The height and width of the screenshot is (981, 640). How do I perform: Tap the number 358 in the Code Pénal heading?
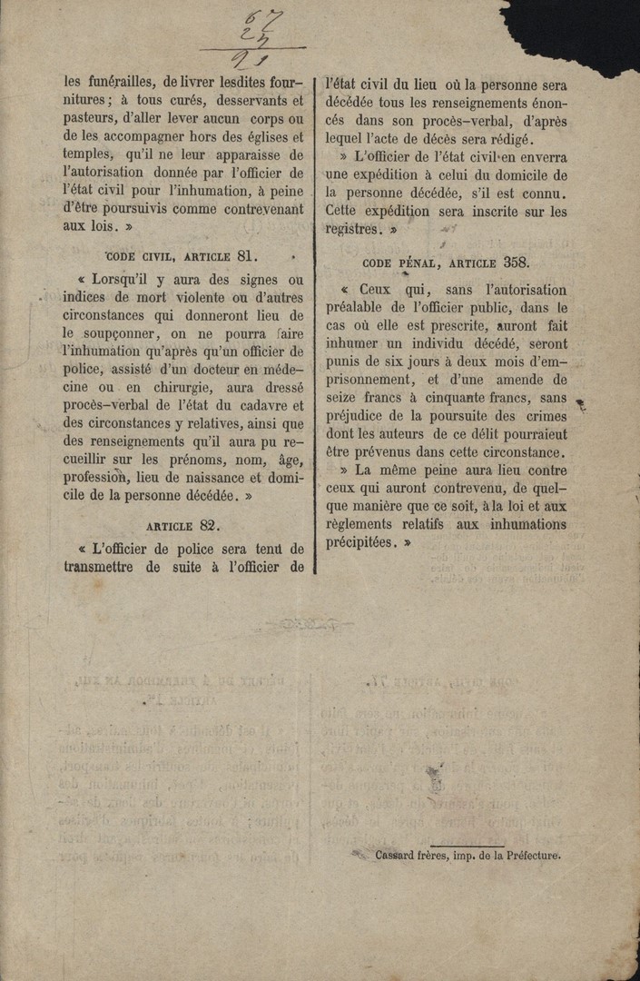tap(516, 263)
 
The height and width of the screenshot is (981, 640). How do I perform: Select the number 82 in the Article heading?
tap(209, 525)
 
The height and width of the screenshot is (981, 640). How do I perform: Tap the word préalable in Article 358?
tap(357, 308)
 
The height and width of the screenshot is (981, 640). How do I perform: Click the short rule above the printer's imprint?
tap(467, 845)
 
